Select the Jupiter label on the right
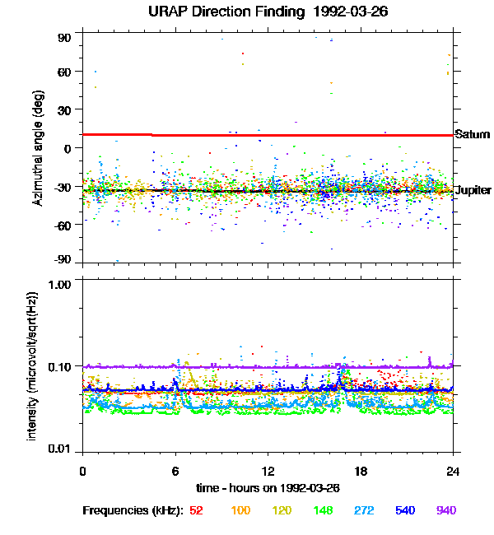pyautogui.click(x=473, y=190)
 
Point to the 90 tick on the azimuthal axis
pyautogui.click(x=64, y=38)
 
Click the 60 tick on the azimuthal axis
pyautogui.click(x=64, y=72)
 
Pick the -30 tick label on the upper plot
pyautogui.click(x=62, y=186)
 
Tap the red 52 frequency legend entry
pyautogui.click(x=196, y=510)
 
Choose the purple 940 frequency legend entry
pyautogui.click(x=445, y=510)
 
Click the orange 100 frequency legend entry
pyautogui.click(x=240, y=510)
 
